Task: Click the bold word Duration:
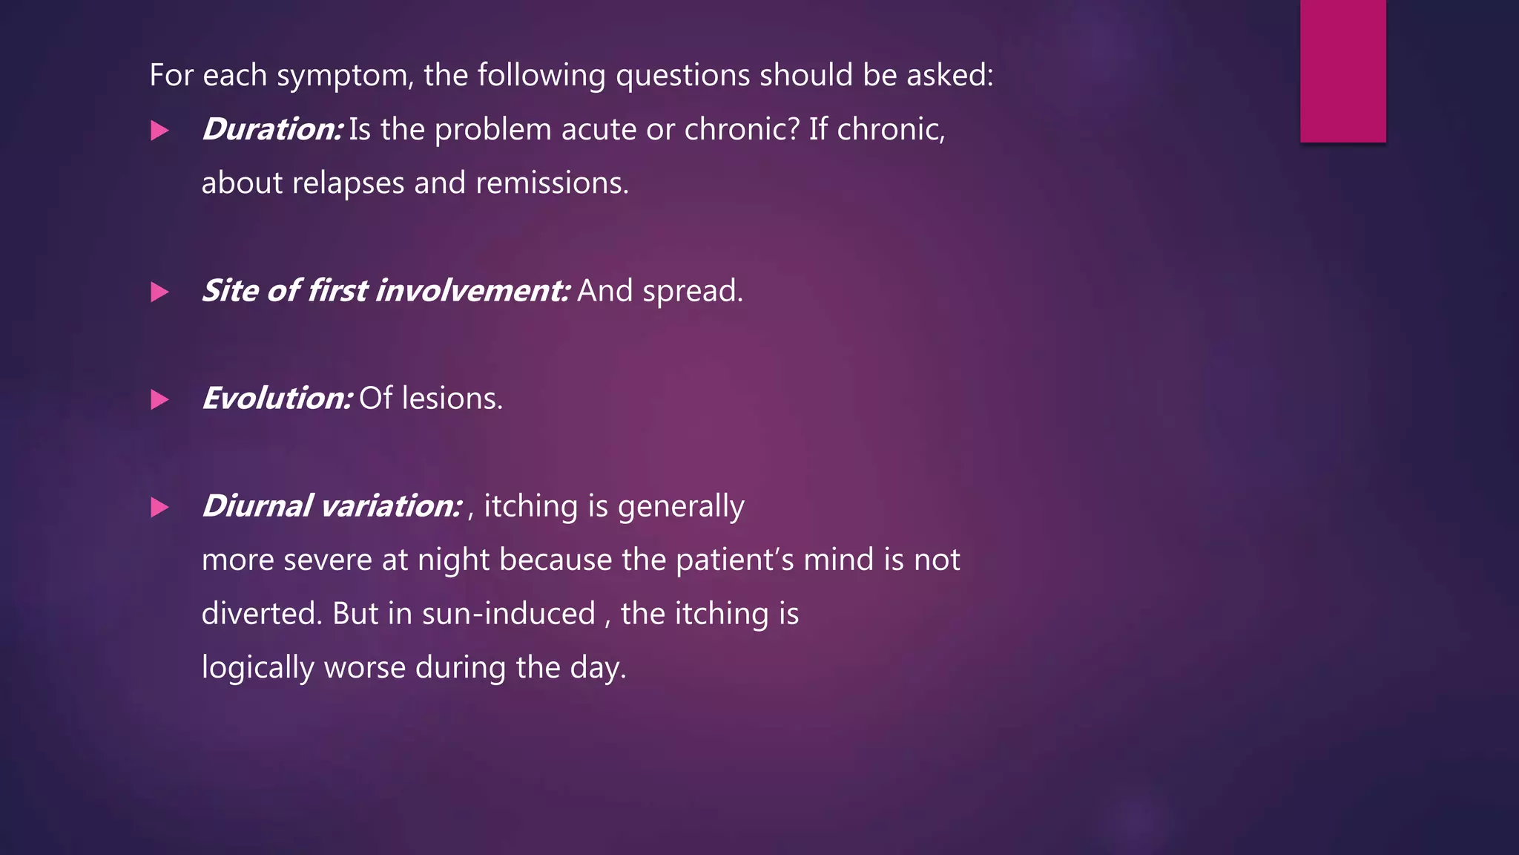point(271,130)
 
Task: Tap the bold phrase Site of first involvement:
point(386,291)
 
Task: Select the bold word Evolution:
point(277,399)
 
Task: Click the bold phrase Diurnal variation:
point(332,506)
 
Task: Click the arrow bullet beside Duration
point(159,131)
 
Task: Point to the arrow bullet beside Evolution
point(159,400)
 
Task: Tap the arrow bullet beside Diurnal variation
point(159,508)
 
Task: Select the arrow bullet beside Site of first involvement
point(159,292)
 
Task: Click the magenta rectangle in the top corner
point(1342,71)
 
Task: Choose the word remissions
point(552,183)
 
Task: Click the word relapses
point(348,183)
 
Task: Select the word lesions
point(452,399)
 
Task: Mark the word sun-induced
point(508,615)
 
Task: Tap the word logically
point(257,668)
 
